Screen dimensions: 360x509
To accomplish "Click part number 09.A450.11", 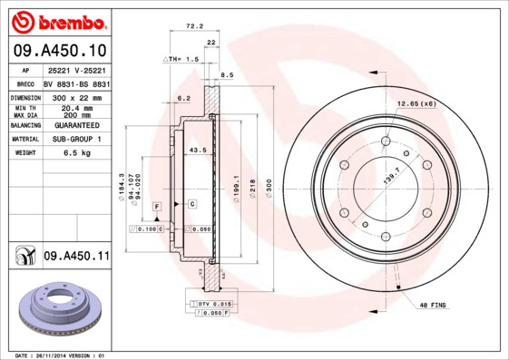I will [x=76, y=258].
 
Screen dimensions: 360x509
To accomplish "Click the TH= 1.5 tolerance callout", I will [x=181, y=59].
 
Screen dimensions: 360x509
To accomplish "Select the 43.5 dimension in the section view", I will [x=197, y=150].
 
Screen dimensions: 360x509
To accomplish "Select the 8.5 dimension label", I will [x=228, y=75].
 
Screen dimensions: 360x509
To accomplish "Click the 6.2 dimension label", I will [x=184, y=98].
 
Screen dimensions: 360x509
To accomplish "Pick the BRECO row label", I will [x=26, y=83].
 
